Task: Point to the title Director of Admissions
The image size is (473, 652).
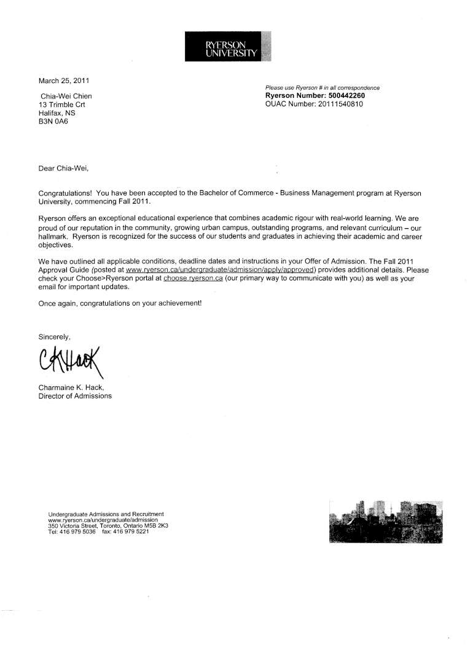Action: point(75,396)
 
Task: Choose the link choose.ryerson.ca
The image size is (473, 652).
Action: point(193,279)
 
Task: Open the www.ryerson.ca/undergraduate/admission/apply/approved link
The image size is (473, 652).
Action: point(220,270)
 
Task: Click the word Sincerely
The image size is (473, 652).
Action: point(55,336)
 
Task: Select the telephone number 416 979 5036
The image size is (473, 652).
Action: point(77,531)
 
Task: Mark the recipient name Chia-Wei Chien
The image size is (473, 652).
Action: point(66,96)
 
